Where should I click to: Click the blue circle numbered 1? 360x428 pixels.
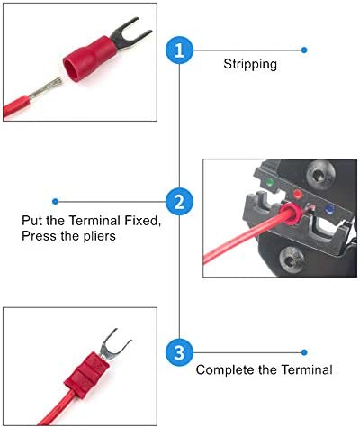(179, 50)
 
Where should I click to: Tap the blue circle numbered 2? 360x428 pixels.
(179, 201)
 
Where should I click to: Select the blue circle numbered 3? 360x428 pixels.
(179, 352)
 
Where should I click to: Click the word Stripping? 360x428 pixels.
(250, 65)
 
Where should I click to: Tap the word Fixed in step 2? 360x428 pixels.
(142, 221)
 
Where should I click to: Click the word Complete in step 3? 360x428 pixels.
(225, 370)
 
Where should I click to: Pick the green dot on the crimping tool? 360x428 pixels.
(270, 182)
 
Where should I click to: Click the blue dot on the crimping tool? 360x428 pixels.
(329, 208)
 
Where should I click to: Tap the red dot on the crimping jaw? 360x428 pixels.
(297, 194)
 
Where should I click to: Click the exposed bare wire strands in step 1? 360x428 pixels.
(46, 87)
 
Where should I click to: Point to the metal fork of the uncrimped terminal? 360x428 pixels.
(130, 32)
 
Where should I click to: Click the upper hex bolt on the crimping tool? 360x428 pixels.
(320, 174)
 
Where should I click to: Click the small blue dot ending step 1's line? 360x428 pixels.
(304, 50)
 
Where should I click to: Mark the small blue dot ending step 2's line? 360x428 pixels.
(55, 201)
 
